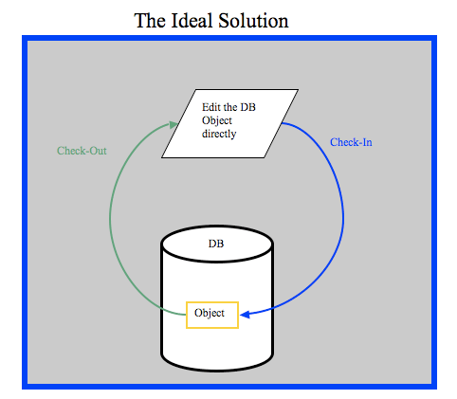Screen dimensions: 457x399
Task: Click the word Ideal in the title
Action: [192, 21]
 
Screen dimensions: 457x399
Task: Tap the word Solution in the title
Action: [253, 21]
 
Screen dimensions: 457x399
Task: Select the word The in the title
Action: [150, 21]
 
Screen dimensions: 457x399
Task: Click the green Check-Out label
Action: [82, 151]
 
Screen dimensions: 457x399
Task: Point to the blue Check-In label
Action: [351, 142]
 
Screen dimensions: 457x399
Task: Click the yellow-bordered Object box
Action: [212, 315]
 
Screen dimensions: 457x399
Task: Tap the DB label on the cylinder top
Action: [216, 244]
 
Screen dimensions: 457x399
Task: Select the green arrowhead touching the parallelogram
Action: [173, 125]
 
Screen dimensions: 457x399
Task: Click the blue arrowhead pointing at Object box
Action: [246, 315]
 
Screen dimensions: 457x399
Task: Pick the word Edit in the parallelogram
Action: [210, 107]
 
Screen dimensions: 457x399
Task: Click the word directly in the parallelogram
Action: [219, 134]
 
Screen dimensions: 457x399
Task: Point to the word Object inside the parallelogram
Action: [217, 120]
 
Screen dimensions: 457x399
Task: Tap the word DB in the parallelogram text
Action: [247, 107]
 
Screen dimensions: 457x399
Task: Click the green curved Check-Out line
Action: [110, 218]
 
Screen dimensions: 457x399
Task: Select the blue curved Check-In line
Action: [343, 218]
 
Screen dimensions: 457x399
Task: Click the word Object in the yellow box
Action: [210, 313]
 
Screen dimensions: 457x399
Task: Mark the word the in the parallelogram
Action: [230, 107]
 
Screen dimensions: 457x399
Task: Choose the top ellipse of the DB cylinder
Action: [217, 244]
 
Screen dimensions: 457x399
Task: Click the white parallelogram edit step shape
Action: [229, 123]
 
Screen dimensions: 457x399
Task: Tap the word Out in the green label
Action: [98, 151]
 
